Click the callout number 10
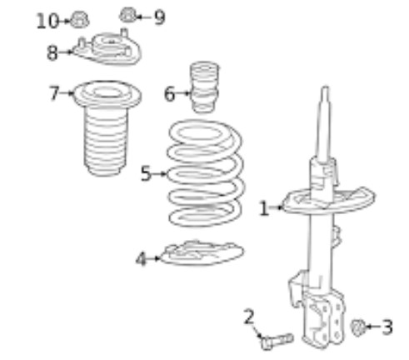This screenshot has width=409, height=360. [x=47, y=21]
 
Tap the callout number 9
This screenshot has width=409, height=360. [x=160, y=17]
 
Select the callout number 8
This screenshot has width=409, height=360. [x=52, y=52]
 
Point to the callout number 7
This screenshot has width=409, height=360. [x=54, y=92]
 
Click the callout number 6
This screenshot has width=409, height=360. [x=170, y=94]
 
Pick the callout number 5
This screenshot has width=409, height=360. [x=146, y=173]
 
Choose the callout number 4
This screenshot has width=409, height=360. [x=141, y=259]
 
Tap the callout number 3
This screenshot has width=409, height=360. [x=387, y=327]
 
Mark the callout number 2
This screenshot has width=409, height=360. [x=249, y=317]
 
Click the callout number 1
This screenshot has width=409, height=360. [x=264, y=208]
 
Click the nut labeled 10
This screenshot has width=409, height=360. [x=79, y=20]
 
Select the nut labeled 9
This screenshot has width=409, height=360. [x=128, y=15]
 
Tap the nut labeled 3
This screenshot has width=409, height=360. [x=358, y=327]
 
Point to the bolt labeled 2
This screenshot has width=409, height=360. [x=277, y=342]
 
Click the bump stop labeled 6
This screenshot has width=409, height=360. [x=204, y=87]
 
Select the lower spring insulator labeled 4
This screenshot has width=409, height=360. [x=202, y=253]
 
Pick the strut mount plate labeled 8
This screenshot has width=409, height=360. [x=107, y=47]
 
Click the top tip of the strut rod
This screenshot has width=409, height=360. [x=326, y=87]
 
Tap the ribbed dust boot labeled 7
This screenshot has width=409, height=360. [x=107, y=127]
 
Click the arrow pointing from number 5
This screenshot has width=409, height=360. [x=159, y=174]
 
